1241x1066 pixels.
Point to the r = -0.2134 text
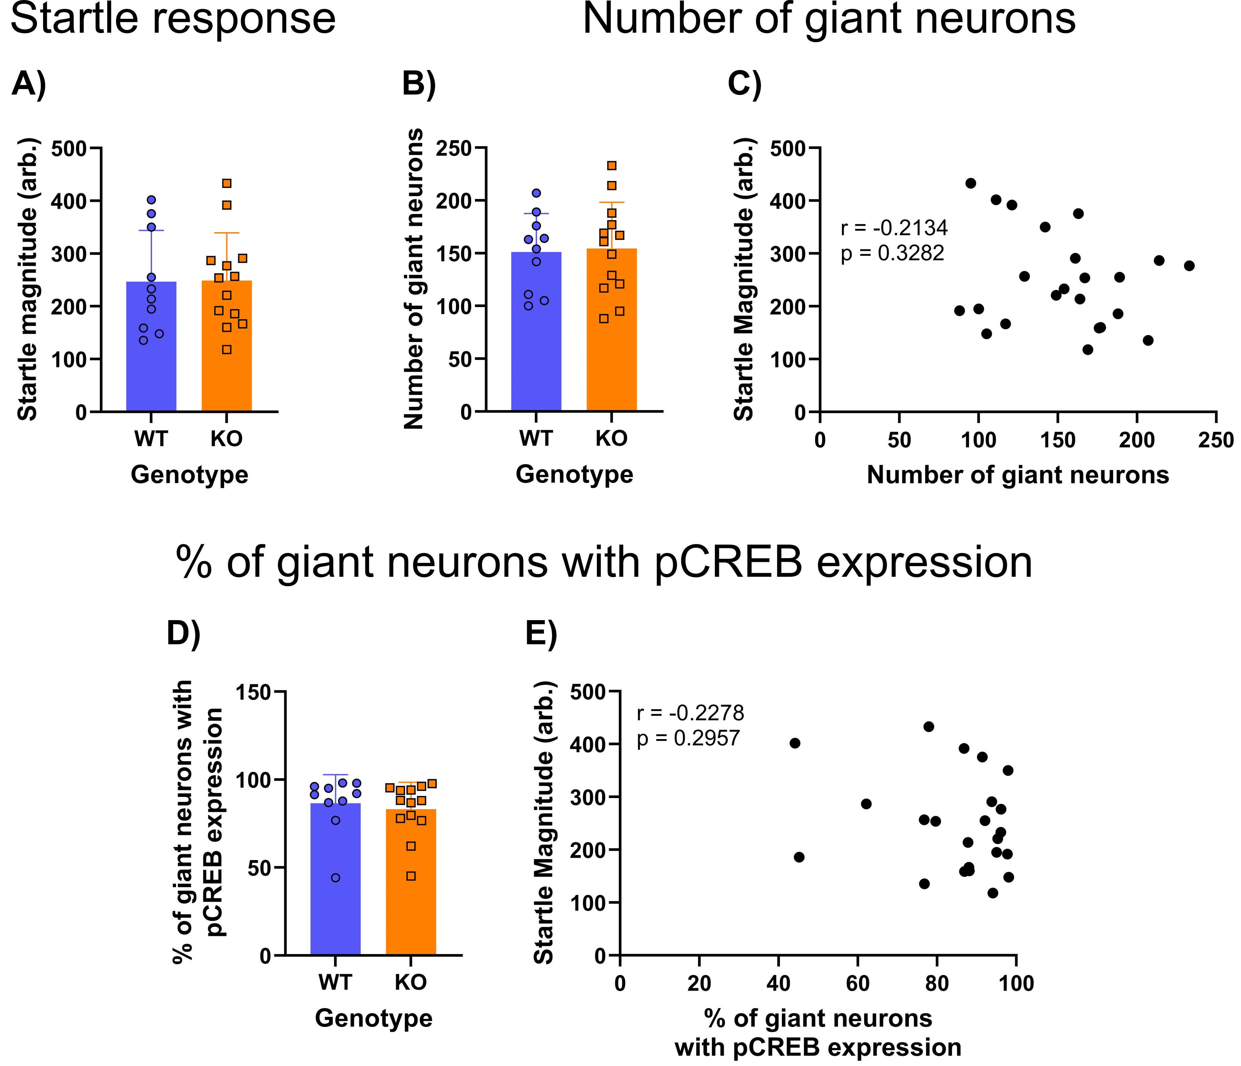(x=894, y=228)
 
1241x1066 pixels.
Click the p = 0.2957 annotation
(x=688, y=738)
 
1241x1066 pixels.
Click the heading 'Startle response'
(x=173, y=19)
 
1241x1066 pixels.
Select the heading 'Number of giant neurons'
(x=829, y=19)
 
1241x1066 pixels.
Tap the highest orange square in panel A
(x=226, y=183)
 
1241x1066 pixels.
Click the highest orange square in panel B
(x=611, y=166)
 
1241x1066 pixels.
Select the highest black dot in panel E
(x=928, y=726)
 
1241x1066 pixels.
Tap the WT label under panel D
(x=335, y=983)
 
